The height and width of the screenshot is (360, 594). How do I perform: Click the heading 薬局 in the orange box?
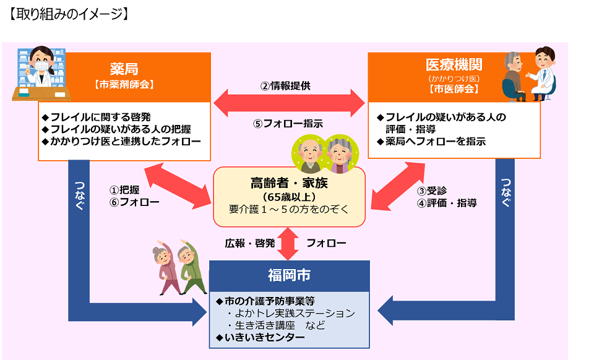(x=124, y=67)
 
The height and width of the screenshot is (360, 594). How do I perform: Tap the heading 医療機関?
(x=454, y=64)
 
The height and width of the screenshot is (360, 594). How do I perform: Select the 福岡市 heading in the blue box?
(x=289, y=273)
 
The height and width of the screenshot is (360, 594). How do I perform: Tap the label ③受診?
(x=430, y=189)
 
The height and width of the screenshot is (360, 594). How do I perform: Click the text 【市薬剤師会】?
(x=124, y=84)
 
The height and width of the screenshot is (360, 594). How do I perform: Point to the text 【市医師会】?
(x=454, y=89)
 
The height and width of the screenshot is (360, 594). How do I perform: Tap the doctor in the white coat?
(x=544, y=73)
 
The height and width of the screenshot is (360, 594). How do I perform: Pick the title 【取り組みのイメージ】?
(x=68, y=14)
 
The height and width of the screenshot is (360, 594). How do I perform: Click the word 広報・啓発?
(x=249, y=243)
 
